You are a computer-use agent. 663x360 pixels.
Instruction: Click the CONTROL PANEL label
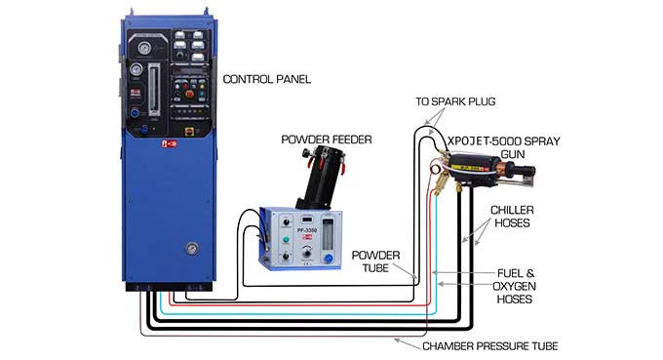[267, 79]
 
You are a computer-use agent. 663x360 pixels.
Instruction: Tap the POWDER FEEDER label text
[327, 140]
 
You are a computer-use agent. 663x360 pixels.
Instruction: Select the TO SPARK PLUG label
[455, 101]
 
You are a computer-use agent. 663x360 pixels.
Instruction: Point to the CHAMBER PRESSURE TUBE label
[490, 346]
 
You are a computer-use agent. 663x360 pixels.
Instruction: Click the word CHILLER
[512, 210]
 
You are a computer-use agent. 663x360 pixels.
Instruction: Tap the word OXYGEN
[514, 286]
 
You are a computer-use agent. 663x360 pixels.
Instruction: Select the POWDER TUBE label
[375, 261]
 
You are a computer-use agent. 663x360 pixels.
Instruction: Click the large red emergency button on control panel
[190, 95]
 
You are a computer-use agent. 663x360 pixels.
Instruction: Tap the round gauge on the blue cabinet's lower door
[192, 249]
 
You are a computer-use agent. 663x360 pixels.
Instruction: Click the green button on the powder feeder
[286, 240]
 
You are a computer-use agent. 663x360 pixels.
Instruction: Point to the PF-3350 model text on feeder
[307, 230]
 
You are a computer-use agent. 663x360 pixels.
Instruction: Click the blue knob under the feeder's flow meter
[328, 259]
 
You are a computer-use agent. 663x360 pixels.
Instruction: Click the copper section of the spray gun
[506, 166]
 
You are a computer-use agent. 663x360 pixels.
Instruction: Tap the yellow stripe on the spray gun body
[471, 168]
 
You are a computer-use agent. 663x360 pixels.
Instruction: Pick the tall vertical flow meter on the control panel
[154, 89]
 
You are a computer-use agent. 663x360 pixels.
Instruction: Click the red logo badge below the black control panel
[169, 144]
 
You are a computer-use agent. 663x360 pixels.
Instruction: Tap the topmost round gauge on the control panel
[144, 48]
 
